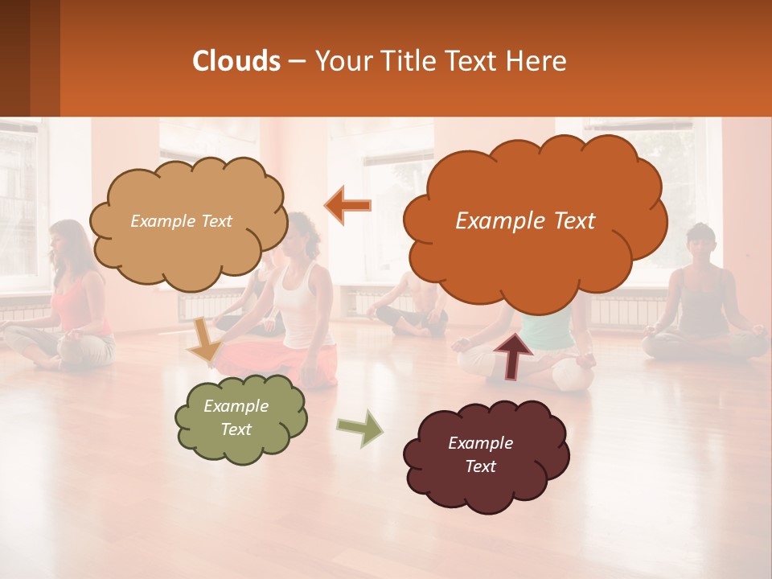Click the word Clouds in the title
pyautogui.click(x=236, y=61)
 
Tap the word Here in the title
pyautogui.click(x=538, y=61)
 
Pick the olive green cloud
pyautogui.click(x=240, y=418)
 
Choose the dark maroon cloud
pyautogui.click(x=486, y=454)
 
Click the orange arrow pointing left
pyautogui.click(x=348, y=205)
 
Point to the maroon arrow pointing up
pyautogui.click(x=512, y=355)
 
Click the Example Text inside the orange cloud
pyautogui.click(x=525, y=221)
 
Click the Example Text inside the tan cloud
pyautogui.click(x=181, y=221)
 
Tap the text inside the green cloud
pyautogui.click(x=236, y=418)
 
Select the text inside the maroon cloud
pyautogui.click(x=480, y=454)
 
